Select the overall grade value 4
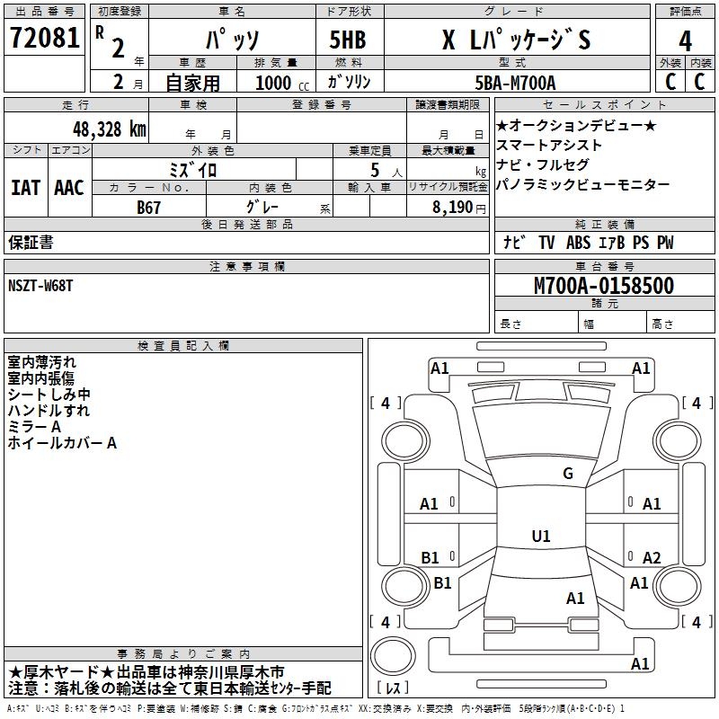(685, 41)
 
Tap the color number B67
(148, 206)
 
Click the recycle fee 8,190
(457, 207)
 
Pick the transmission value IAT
(26, 188)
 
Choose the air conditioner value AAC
(69, 188)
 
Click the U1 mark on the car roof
(541, 537)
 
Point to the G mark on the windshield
(567, 474)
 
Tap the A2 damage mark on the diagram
(652, 558)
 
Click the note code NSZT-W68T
(42, 286)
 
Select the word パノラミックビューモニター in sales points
(582, 184)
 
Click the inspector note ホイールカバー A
(62, 443)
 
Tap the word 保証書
(31, 243)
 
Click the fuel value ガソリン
(350, 83)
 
